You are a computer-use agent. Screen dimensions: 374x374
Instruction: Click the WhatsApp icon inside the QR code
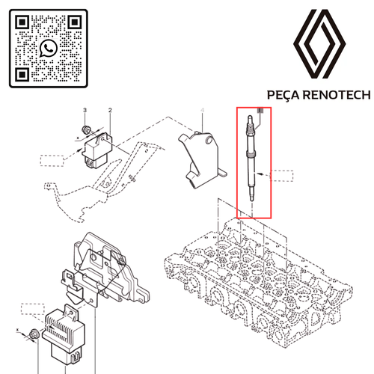pyautogui.click(x=49, y=49)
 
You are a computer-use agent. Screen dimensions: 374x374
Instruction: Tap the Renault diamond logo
pyautogui.click(x=319, y=44)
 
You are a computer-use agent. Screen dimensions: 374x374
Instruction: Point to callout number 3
pyautogui.click(x=85, y=110)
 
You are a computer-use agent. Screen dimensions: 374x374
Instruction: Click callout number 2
pyautogui.click(x=110, y=110)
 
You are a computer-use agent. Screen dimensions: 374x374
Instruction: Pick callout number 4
pyautogui.click(x=203, y=110)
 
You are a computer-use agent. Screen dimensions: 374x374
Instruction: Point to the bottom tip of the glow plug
pyautogui.click(x=252, y=201)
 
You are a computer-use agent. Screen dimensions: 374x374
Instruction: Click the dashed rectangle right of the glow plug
pyautogui.click(x=282, y=176)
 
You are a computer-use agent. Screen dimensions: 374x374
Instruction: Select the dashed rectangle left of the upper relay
pyautogui.click(x=52, y=161)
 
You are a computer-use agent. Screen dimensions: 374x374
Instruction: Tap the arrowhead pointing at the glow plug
pyautogui.click(x=260, y=174)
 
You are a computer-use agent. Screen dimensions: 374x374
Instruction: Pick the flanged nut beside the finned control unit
pyautogui.click(x=33, y=334)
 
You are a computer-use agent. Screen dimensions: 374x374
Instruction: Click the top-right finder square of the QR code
pyautogui.click(x=75, y=22)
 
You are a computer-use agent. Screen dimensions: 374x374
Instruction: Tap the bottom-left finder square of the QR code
pyautogui.click(x=22, y=74)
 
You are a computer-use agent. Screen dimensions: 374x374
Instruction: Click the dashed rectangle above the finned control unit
pyautogui.click(x=33, y=309)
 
